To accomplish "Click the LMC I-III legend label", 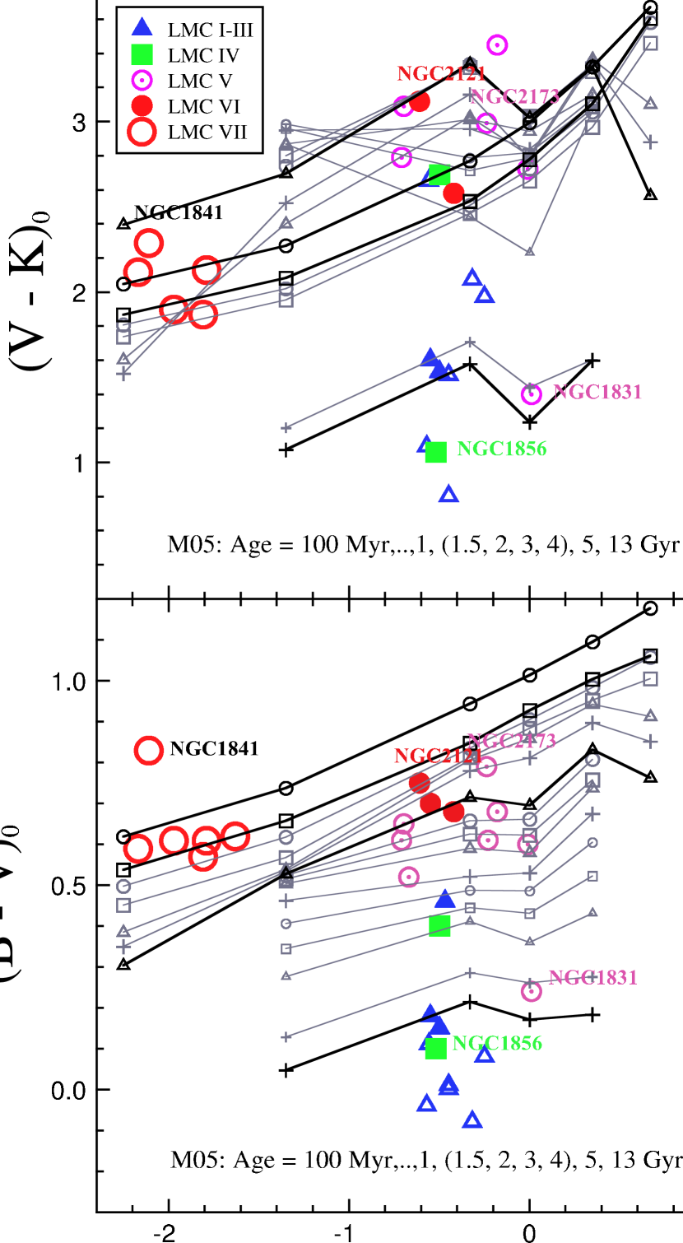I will click(210, 30).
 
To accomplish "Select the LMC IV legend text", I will click(203, 56).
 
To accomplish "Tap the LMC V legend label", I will click(200, 81).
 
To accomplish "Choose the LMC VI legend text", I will click(203, 106).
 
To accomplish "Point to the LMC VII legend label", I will click(207, 132).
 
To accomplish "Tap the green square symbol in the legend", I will click(142, 55).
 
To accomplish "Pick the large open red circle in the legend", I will click(142, 132).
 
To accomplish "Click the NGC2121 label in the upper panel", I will click(441, 74).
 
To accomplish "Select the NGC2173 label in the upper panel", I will click(514, 96).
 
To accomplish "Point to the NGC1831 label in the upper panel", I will click(597, 393).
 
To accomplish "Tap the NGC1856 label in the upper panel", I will click(501, 449).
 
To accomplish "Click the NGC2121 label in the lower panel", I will click(437, 757).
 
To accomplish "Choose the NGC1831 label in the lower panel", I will click(592, 978).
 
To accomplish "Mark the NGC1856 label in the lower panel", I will click(497, 1044).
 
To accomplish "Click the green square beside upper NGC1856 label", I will click(435, 452).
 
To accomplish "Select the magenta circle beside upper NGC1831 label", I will click(531, 394).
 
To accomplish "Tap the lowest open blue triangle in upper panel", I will click(448, 494).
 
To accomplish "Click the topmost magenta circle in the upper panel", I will click(497, 44).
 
